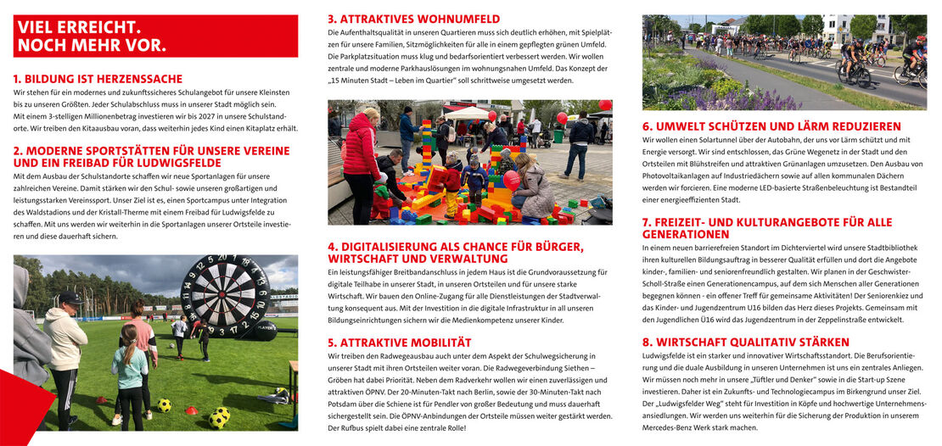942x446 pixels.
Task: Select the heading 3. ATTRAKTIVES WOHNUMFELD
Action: [413, 19]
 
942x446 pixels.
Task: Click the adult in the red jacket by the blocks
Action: [362, 161]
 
